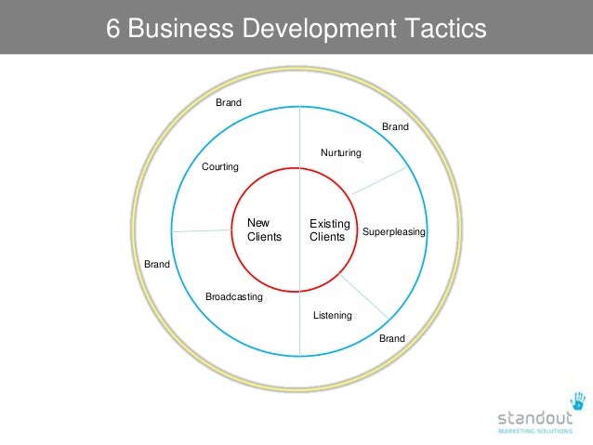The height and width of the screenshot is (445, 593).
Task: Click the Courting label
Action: click(x=220, y=167)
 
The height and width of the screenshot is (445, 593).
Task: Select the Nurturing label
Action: click(x=341, y=152)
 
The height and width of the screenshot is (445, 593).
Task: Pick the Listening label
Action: click(x=332, y=316)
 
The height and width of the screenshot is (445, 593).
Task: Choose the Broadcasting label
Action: click(x=233, y=297)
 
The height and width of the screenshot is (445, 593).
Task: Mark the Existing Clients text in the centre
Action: click(x=329, y=230)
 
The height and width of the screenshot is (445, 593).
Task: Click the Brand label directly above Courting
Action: click(x=229, y=102)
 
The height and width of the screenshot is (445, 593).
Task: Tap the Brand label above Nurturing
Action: click(x=395, y=125)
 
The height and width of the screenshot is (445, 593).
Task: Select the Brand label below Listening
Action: click(x=392, y=339)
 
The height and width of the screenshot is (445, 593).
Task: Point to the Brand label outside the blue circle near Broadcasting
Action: click(x=157, y=265)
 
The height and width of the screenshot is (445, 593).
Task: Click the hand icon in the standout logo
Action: click(x=578, y=400)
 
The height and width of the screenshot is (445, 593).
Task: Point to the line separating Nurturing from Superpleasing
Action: click(x=378, y=181)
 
